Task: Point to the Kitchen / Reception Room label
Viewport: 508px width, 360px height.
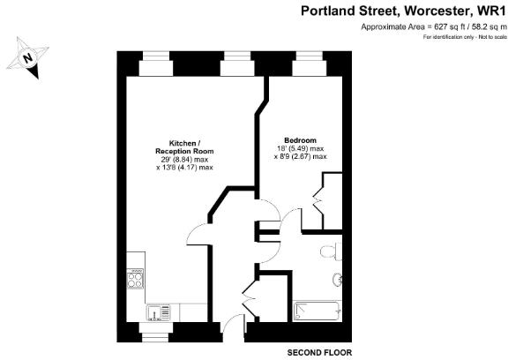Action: click(178, 147)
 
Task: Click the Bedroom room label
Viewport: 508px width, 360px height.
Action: click(294, 140)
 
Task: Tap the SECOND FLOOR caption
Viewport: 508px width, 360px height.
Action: click(321, 352)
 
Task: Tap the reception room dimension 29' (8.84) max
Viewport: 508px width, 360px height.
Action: click(178, 160)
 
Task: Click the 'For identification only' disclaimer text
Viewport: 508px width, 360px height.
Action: click(466, 36)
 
